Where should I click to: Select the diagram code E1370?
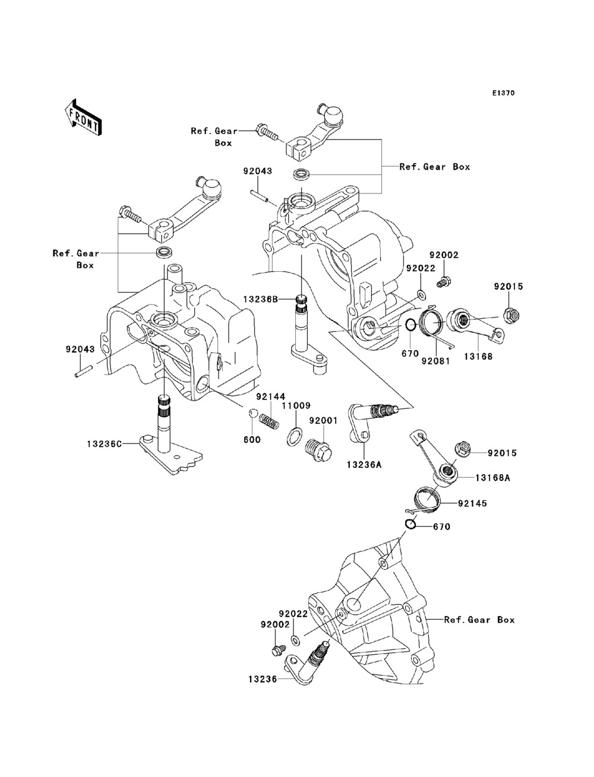(503, 93)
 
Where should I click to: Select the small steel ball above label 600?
(252, 414)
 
